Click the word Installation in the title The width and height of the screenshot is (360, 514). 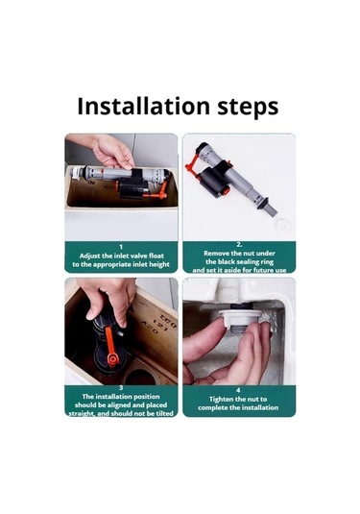(143, 106)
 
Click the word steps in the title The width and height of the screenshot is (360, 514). (248, 108)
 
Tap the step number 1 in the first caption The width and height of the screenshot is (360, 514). (121, 247)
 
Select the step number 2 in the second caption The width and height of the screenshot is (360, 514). (239, 245)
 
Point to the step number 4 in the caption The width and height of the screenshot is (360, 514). (238, 390)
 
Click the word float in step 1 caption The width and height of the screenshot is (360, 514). (156, 256)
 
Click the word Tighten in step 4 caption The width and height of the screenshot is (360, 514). (222, 400)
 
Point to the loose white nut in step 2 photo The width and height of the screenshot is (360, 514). (282, 225)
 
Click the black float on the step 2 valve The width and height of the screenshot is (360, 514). (215, 181)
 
